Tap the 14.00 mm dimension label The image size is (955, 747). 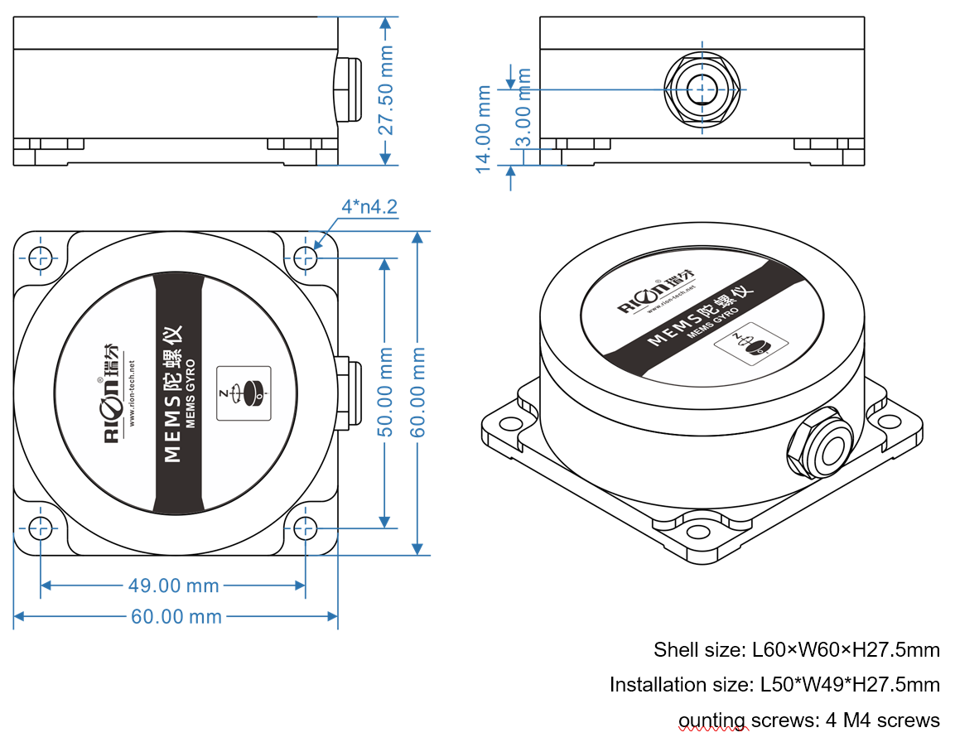(484, 129)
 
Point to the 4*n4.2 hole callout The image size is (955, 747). (369, 206)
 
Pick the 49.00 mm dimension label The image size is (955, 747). (173, 586)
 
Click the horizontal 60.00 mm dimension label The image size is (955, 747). (176, 616)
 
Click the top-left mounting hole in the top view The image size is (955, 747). (40, 258)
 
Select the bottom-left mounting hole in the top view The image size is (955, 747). (40, 528)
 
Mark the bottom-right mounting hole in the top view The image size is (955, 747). (305, 528)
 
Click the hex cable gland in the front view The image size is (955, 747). (702, 89)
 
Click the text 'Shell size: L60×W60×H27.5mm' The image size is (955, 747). (796, 649)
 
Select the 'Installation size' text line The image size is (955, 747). (774, 685)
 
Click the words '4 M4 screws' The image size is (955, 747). (883, 720)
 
